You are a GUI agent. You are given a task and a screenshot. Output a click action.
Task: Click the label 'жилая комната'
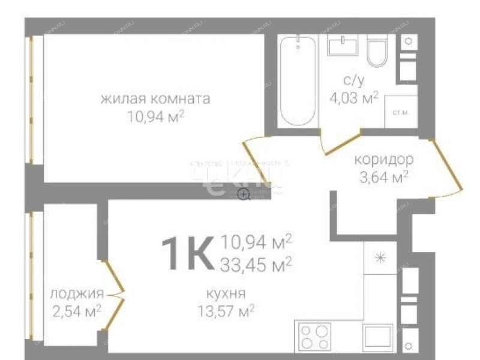coord(155,99)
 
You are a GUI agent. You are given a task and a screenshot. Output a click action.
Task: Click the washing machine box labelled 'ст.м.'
coord(398,112)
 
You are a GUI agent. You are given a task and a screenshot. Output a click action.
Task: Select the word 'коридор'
coord(383,160)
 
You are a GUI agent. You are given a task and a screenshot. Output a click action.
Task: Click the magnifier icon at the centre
coord(244,194)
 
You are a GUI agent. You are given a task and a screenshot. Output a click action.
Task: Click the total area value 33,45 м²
coord(256,262)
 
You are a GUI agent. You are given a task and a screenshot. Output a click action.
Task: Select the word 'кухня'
coord(225,294)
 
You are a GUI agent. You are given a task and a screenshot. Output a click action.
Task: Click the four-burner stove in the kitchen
coord(313,337)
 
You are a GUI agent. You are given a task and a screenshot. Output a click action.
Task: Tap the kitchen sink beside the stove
coord(379,337)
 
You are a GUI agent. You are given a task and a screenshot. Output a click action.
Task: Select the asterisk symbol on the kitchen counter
coord(380,259)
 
